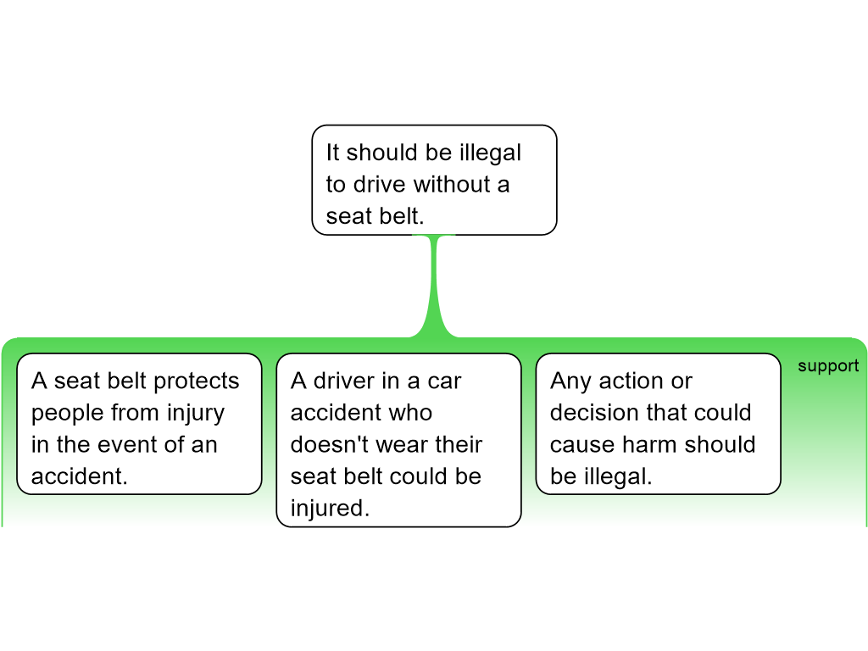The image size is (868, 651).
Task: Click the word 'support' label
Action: (827, 366)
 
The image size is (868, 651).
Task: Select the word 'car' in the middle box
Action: (444, 381)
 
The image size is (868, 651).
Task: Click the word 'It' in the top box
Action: (332, 153)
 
